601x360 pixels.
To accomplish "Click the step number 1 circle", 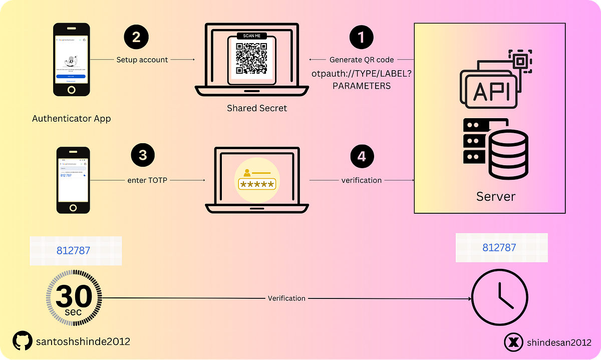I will (362, 38).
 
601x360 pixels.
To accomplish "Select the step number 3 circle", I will (143, 155).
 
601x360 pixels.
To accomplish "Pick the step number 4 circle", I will (362, 156).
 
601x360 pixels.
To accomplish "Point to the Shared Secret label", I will (257, 108).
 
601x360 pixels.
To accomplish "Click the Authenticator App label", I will (71, 119).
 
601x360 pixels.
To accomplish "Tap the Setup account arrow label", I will (142, 60).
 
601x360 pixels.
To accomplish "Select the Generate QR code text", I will (361, 60).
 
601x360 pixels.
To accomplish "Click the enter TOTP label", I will (147, 180).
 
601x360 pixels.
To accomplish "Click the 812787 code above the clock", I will (499, 248).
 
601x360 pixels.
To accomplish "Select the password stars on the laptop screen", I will (257, 185).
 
